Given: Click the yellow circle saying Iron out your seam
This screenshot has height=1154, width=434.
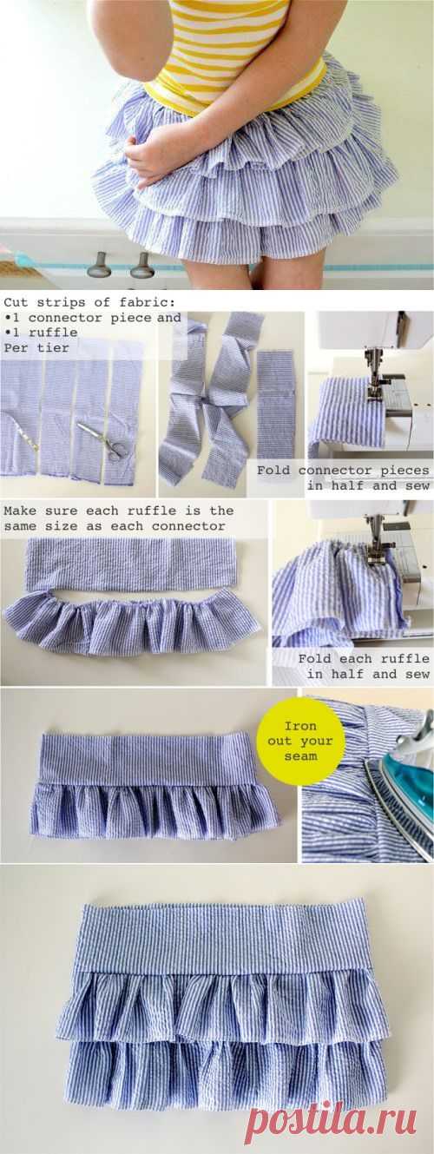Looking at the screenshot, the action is point(301,741).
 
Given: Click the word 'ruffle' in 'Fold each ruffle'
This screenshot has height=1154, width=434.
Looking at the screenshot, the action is point(405,658).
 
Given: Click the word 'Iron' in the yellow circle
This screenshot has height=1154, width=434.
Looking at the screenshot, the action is point(300,726).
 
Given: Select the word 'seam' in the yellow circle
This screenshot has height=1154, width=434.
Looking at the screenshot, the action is point(300,756).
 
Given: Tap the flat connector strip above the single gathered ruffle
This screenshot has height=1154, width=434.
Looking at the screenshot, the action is point(133,564).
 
